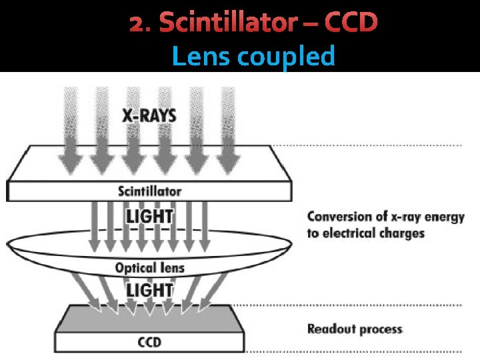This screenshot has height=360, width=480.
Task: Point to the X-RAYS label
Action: tap(149, 115)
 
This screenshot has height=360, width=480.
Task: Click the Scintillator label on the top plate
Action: tap(149, 191)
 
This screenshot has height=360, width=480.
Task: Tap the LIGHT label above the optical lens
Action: tap(149, 217)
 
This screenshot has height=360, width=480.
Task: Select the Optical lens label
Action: tap(149, 268)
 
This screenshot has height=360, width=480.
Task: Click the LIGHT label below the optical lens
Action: tap(149, 291)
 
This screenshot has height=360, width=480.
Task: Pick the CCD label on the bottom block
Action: tap(149, 343)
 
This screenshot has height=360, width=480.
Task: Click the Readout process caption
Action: tap(355, 329)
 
